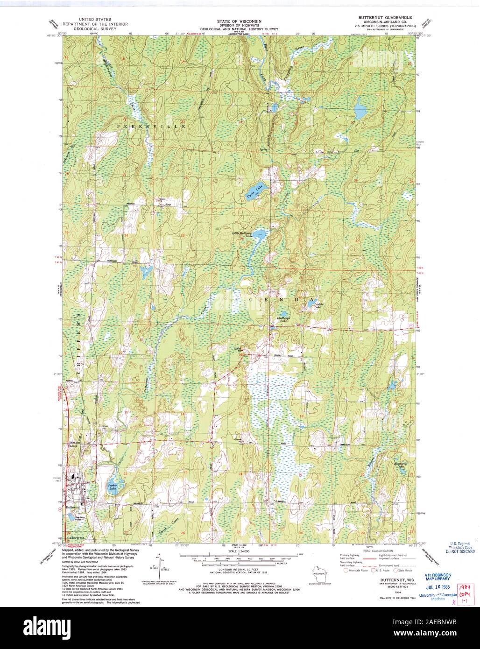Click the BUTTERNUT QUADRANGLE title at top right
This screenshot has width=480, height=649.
385,16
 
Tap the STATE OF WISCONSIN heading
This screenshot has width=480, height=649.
239,21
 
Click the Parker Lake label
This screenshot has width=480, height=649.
113,486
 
